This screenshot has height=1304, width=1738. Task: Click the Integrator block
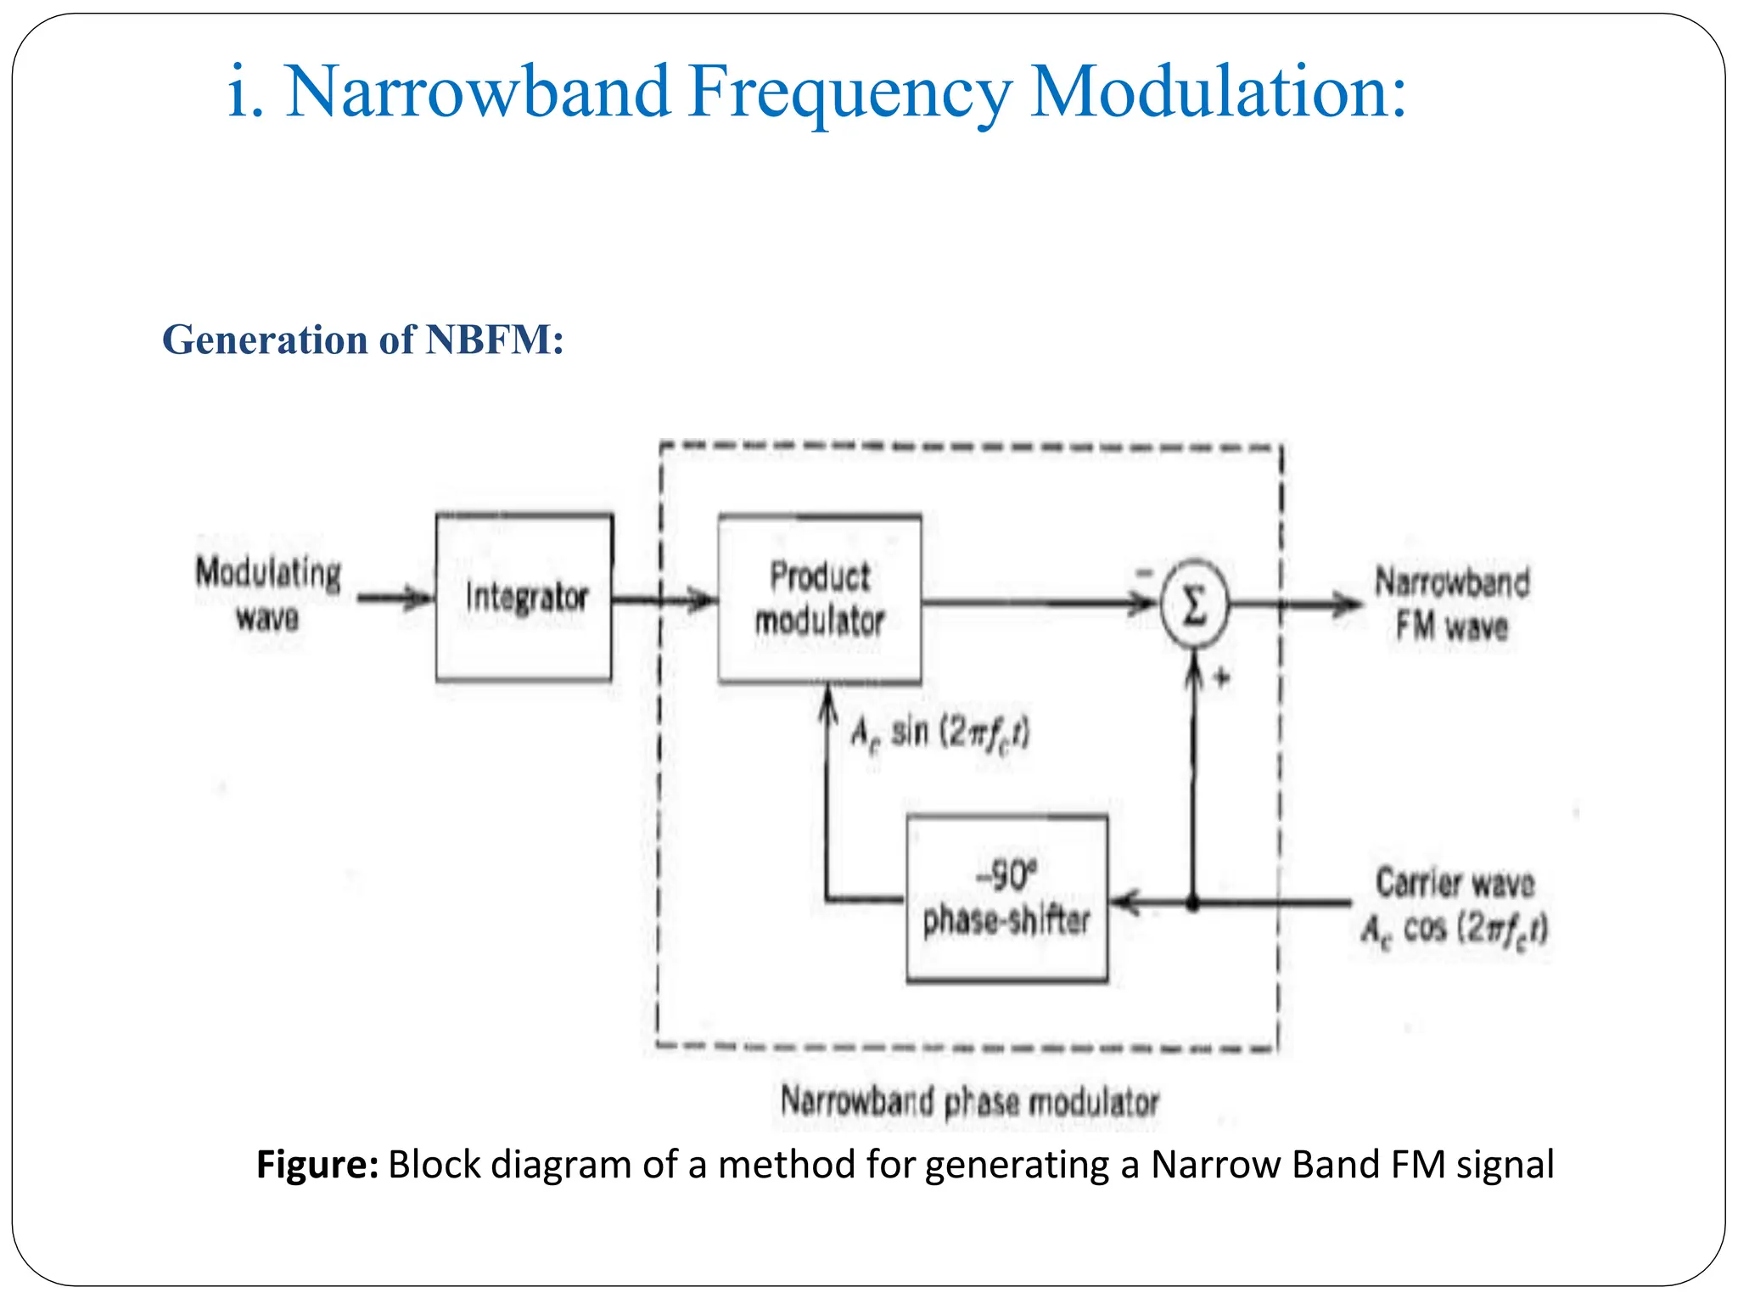coord(524,597)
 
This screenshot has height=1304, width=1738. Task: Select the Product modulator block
coord(820,599)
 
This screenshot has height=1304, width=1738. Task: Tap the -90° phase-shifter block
coord(1006,899)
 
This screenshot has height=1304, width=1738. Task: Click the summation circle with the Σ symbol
coord(1194,605)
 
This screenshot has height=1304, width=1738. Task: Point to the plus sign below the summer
coord(1222,677)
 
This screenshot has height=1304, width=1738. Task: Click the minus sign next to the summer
coord(1145,573)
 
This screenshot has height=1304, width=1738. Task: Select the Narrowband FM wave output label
coord(1452,604)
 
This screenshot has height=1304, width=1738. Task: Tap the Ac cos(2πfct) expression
coord(1454,929)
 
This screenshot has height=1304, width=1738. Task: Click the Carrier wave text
coord(1455,883)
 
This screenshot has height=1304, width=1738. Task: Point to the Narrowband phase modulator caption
coord(969,1102)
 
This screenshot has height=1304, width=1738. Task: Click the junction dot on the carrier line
coord(1192,904)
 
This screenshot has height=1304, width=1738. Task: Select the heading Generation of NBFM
coord(362,340)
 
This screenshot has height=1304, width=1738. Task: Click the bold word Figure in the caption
coord(317,1164)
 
